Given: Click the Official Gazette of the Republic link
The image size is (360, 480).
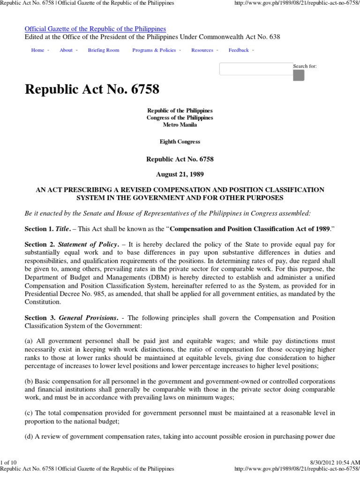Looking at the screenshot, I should point(95,29).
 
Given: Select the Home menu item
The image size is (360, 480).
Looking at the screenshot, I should point(37,50).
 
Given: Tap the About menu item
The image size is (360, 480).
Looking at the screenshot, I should point(66,50).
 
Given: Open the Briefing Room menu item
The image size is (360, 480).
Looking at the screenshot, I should point(104,50).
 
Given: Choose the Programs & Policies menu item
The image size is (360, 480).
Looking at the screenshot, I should point(154,50).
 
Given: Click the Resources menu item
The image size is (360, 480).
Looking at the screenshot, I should point(202,50).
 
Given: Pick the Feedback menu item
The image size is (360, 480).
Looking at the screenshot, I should point(239,50).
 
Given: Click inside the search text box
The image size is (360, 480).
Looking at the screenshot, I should point(256,69).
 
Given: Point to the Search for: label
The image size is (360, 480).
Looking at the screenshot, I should point(305,66).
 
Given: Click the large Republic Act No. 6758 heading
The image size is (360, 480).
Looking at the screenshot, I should point(92,90).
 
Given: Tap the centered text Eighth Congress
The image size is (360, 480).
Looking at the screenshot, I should point(180,142).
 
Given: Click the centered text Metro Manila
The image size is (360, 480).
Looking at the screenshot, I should point(180,125).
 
